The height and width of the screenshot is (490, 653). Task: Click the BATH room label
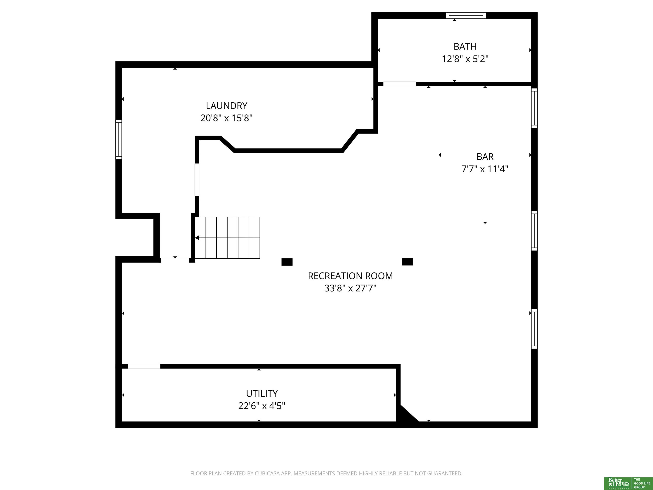(x=465, y=46)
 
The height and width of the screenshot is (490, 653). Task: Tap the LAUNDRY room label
(x=226, y=105)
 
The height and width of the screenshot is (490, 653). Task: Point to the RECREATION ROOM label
(x=350, y=276)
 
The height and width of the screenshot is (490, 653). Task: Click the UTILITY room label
(x=262, y=393)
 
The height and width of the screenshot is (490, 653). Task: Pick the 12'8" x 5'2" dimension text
(x=465, y=59)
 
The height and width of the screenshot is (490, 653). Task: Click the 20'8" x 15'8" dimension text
(x=226, y=118)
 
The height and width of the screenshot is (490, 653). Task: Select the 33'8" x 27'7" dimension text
(x=350, y=288)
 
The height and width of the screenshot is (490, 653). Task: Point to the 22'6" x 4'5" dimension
(x=262, y=406)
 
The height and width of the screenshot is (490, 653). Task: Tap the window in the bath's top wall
(x=466, y=15)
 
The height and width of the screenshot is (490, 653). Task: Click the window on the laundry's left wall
(x=118, y=140)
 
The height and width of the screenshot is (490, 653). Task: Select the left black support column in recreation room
(x=287, y=262)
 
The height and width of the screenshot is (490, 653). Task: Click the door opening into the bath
(x=399, y=84)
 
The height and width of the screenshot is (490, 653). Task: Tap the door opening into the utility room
(x=144, y=366)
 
